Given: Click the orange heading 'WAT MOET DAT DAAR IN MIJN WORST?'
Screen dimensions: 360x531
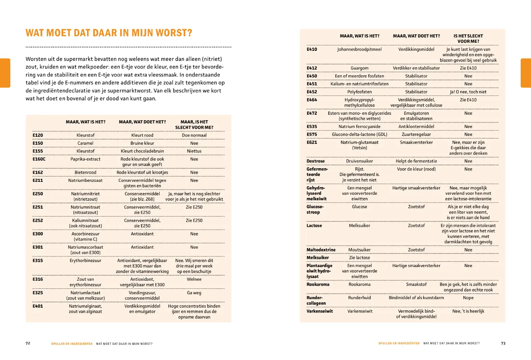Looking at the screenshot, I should pyautogui.click(x=109, y=33).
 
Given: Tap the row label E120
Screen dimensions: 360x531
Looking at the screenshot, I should pyautogui.click(x=38, y=135).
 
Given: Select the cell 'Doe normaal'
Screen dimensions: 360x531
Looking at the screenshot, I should pyautogui.click(x=194, y=135).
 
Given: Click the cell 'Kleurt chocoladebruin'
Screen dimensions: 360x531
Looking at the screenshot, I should pyautogui.click(x=142, y=151).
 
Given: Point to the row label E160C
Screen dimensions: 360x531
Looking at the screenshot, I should pyautogui.click(x=39, y=159).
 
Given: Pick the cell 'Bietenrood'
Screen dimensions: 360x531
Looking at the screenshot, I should pyautogui.click(x=86, y=173).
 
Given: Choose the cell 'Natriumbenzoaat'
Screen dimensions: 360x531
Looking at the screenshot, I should pyautogui.click(x=86, y=181).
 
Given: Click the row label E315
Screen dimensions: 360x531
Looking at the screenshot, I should pyautogui.click(x=38, y=261).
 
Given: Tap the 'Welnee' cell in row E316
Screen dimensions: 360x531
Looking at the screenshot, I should pyautogui.click(x=194, y=280).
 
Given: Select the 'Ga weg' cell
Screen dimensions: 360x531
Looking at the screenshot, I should pyautogui.click(x=194, y=293).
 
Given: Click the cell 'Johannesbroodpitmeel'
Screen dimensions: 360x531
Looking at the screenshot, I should pyautogui.click(x=359, y=49).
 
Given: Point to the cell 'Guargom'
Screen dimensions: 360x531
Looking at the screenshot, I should pyautogui.click(x=359, y=68).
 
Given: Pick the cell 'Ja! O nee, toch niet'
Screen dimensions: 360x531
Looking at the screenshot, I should pyautogui.click(x=468, y=92).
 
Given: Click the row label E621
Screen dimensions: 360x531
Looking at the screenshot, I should pyautogui.click(x=312, y=142).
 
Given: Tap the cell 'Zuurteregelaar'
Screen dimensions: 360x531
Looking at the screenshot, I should pyautogui.click(x=416, y=135).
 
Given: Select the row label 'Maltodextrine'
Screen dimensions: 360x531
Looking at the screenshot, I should pyautogui.click(x=321, y=250).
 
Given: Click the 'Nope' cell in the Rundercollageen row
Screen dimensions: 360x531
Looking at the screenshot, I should pyautogui.click(x=468, y=298).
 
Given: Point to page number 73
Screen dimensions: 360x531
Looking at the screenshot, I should pyautogui.click(x=503, y=343).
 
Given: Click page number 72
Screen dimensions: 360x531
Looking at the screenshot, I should pyautogui.click(x=28, y=343).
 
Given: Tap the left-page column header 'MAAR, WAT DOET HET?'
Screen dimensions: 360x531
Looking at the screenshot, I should pyautogui.click(x=142, y=122).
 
